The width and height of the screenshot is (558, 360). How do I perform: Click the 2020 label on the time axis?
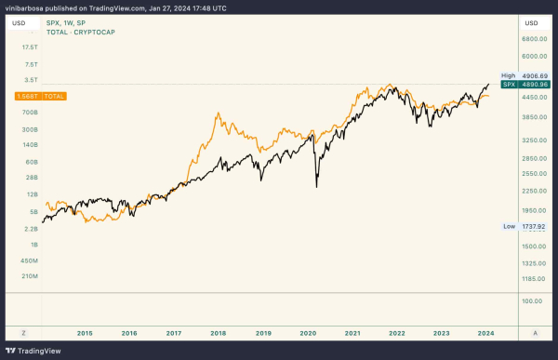click(x=308, y=331)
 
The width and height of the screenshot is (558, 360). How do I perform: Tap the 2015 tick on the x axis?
click(x=85, y=331)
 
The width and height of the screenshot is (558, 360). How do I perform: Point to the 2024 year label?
click(x=486, y=331)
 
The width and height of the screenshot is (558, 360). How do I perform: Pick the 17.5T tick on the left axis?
click(x=29, y=47)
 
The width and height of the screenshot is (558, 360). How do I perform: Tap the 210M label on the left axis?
click(x=29, y=276)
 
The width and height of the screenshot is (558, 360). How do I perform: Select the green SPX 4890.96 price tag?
click(x=523, y=85)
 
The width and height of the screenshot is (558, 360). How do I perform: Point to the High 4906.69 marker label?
click(x=523, y=75)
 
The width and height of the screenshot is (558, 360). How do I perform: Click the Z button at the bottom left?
click(x=24, y=331)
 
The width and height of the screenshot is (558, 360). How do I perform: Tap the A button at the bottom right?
click(x=535, y=331)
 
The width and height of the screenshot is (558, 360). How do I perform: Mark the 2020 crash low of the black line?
click(x=317, y=187)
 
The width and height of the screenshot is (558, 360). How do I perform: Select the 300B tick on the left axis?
click(x=29, y=129)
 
